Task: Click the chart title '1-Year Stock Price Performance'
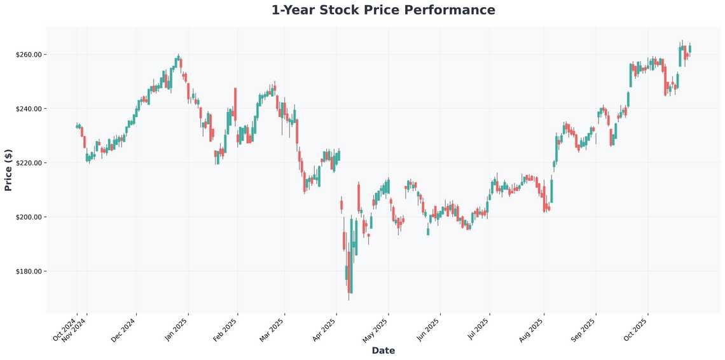[x=383, y=10]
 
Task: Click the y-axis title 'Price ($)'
[x=8, y=169]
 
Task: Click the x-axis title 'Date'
[x=383, y=350]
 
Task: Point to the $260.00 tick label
[x=29, y=55]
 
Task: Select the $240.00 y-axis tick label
[x=29, y=109]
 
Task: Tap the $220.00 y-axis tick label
[x=29, y=163]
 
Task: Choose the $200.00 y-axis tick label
[x=29, y=217]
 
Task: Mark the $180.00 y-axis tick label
[x=29, y=272]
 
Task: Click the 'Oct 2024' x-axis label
[x=65, y=328]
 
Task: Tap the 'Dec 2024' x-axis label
[x=123, y=329]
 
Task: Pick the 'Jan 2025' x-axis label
[x=176, y=328]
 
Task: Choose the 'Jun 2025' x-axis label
[x=427, y=329]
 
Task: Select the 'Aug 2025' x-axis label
[x=531, y=329]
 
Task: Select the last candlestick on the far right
[x=690, y=48]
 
